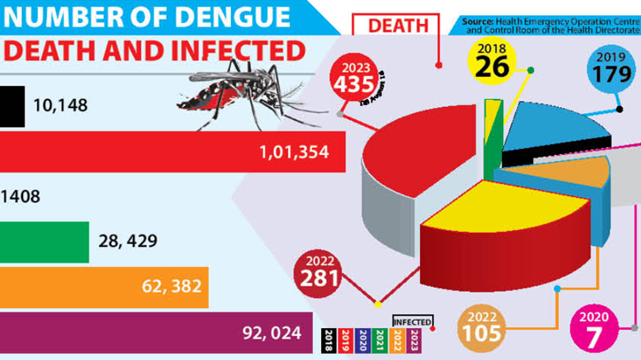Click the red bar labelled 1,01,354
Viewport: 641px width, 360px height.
(133, 151)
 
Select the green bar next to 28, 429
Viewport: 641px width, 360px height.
(44, 241)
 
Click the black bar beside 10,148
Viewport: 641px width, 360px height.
(11, 105)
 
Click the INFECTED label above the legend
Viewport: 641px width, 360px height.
(412, 321)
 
